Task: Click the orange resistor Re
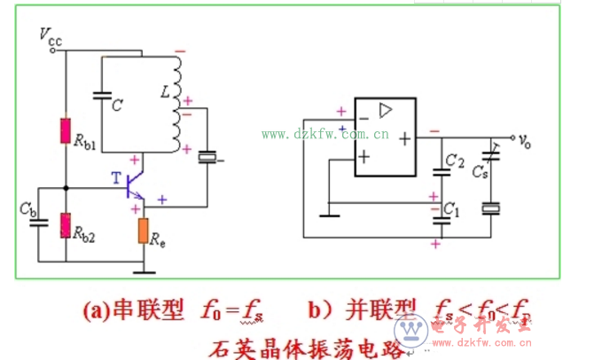[144, 230]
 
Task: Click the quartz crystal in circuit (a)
[207, 158]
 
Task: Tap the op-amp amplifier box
[386, 137]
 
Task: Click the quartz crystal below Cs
[490, 208]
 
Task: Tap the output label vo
[525, 140]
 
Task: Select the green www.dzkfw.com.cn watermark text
[325, 135]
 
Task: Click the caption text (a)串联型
[133, 310]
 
